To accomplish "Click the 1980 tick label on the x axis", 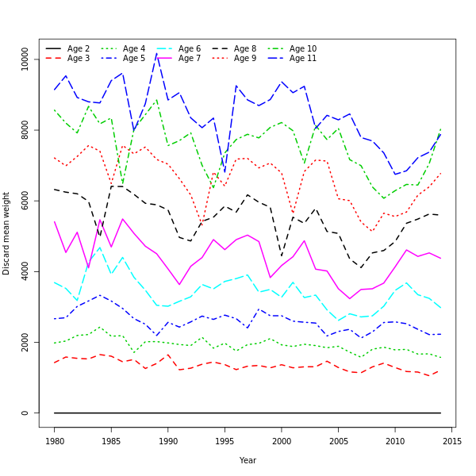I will click(x=55, y=440).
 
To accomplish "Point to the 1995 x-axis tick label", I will click(x=225, y=440).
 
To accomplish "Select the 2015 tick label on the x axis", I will click(x=452, y=440).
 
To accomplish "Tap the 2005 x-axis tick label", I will click(x=339, y=440).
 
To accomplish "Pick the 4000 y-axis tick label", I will click(x=25, y=271).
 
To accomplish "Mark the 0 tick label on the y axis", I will click(x=25, y=413).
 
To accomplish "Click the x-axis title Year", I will click(x=248, y=460).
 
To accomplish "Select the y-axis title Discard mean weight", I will click(x=6, y=233).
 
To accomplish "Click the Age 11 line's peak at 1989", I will click(x=157, y=53).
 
